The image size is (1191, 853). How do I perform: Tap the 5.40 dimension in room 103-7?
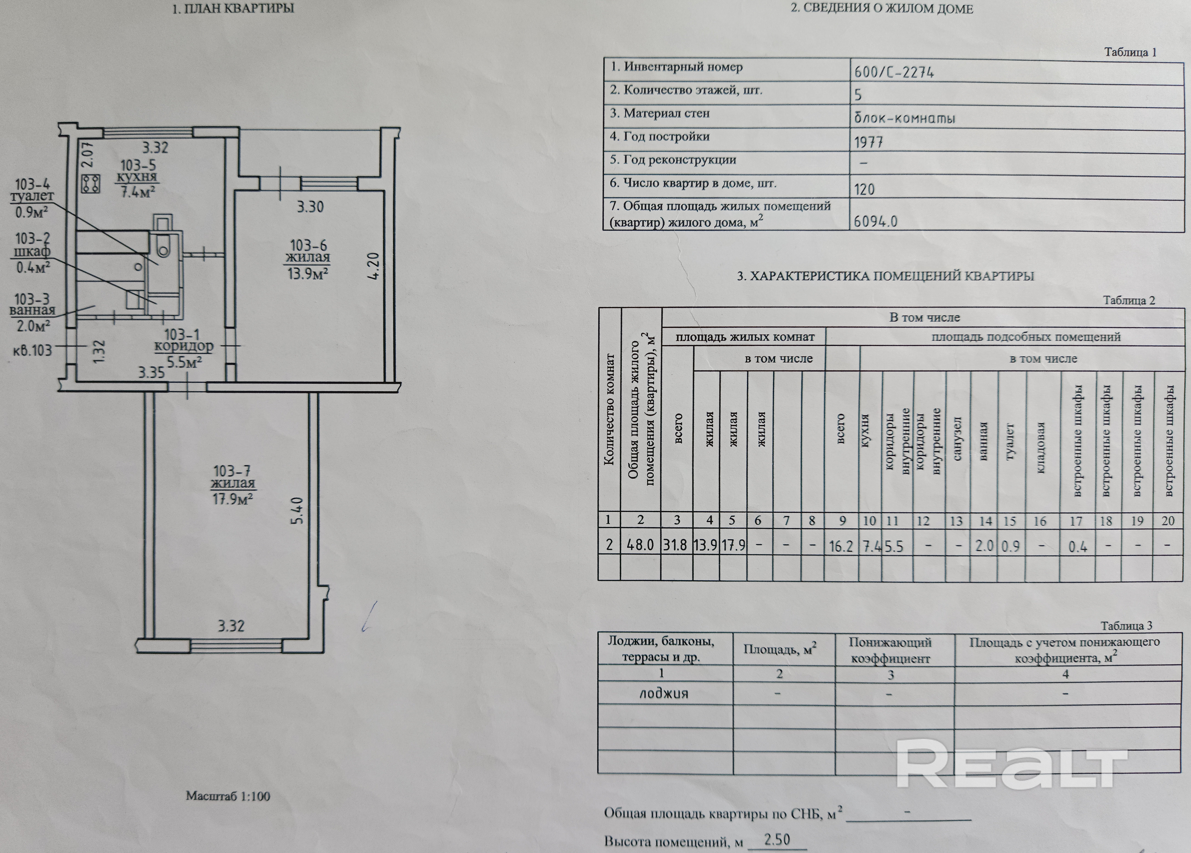pos(297,511)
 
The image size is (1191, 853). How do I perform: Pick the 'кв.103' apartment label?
pos(33,350)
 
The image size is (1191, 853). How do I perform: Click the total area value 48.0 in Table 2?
pos(640,545)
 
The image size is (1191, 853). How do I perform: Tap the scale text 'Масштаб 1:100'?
pos(228,796)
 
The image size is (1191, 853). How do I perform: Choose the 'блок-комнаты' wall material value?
pos(904,118)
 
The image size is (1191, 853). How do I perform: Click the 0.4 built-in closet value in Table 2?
pos(1078,547)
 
